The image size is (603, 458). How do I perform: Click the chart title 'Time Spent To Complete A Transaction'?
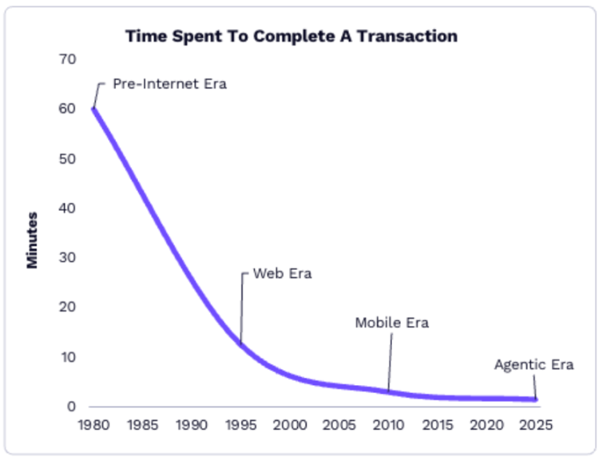(291, 36)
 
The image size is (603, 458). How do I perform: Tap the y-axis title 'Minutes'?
(32, 240)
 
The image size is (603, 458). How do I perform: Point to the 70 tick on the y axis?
(67, 60)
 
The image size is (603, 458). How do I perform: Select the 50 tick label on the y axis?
(67, 159)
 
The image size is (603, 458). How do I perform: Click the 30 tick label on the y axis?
(67, 258)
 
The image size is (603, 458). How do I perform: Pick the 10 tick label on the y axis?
(67, 357)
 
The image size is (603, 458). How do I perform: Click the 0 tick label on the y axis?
(71, 406)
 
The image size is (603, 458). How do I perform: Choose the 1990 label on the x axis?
(192, 425)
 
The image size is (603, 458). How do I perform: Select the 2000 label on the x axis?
(290, 425)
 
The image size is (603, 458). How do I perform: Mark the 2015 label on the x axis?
(437, 425)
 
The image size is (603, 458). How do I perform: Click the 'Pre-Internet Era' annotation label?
(169, 83)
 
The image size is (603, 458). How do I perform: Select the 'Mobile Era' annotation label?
(391, 323)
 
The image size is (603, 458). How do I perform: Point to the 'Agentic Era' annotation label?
(533, 365)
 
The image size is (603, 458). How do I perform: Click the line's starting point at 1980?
(94, 109)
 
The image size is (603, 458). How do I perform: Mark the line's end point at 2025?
(535, 399)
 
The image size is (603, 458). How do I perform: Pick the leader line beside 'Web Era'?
(242, 308)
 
